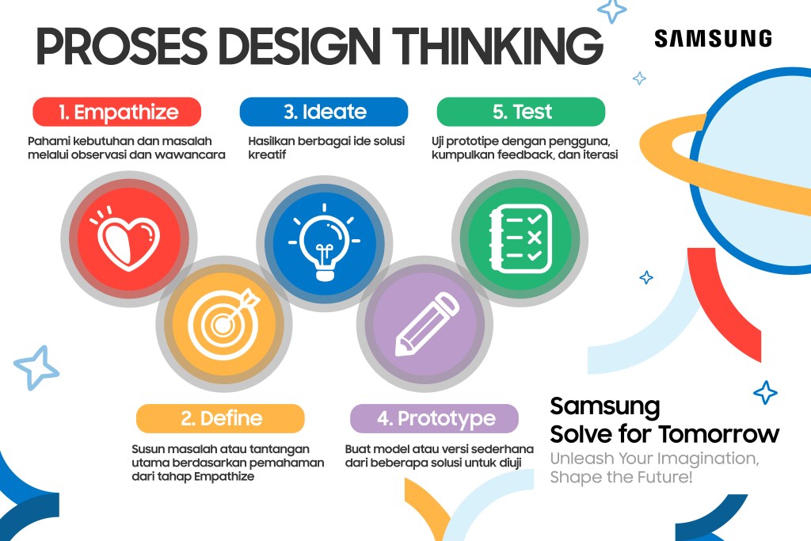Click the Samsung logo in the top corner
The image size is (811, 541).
713,38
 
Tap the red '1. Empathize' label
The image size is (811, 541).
117,112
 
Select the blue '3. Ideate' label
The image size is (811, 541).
324,112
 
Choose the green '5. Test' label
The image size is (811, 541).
521,112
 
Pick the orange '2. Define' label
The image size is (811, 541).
220,418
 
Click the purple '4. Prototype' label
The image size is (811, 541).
434,418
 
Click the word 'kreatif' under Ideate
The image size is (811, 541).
267,155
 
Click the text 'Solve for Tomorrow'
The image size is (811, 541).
664,435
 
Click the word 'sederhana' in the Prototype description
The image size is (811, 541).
497,449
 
